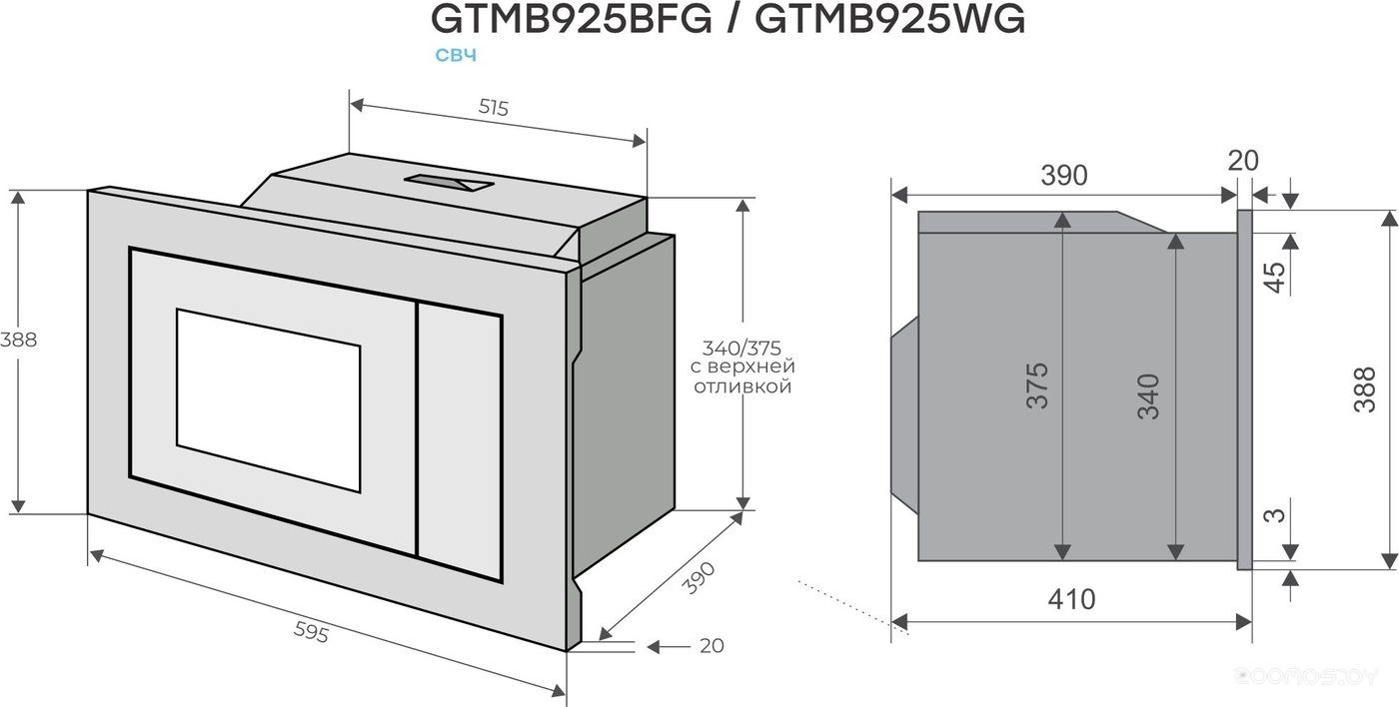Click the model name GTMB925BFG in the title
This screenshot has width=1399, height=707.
571,19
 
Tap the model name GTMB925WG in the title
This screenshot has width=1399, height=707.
890,19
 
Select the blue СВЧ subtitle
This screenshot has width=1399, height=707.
456,56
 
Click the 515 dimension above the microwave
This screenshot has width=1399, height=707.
494,108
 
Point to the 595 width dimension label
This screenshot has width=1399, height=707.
311,633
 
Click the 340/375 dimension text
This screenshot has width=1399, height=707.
741,347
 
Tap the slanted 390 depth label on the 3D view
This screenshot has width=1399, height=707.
698,578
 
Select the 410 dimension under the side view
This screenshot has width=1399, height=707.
1071,600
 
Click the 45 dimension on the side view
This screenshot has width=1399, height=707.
1274,277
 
